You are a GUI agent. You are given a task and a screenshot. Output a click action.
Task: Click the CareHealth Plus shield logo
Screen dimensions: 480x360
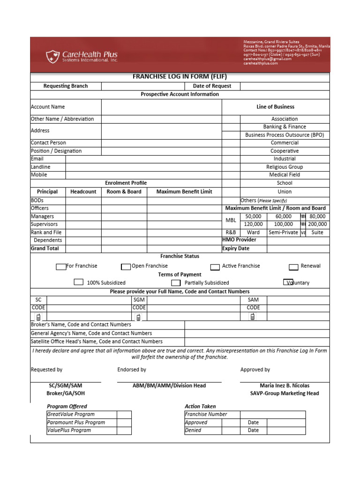[x=52, y=57]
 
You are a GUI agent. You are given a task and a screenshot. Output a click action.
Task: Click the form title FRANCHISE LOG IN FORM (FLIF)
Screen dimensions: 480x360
[x=180, y=77]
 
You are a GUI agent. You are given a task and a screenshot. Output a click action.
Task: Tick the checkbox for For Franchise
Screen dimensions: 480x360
[x=61, y=267]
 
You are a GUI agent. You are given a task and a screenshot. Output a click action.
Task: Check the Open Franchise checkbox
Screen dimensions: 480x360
[x=126, y=267]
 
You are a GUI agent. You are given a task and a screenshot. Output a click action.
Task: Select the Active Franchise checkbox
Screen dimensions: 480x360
[x=215, y=267]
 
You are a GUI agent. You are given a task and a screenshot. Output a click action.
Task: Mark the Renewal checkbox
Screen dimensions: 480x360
[x=293, y=267]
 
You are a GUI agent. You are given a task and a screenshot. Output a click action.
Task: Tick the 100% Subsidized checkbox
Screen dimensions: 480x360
[x=79, y=283]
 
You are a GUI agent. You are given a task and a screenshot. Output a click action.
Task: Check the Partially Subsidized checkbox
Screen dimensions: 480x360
[x=176, y=283]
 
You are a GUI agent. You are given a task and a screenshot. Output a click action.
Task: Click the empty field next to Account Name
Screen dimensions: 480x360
[x=161, y=107]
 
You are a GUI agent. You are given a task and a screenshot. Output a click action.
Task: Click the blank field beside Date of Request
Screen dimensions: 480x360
[x=285, y=86]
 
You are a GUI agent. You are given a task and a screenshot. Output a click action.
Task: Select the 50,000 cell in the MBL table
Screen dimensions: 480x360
[x=253, y=217]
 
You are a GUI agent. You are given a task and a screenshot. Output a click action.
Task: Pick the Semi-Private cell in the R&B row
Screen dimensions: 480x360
[x=283, y=232]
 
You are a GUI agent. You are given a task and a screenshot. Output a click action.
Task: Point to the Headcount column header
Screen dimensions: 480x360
[x=83, y=192]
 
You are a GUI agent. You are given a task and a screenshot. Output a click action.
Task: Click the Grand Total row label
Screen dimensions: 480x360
[x=45, y=248]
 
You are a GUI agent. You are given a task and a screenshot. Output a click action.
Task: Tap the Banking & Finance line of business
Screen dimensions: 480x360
[x=285, y=127]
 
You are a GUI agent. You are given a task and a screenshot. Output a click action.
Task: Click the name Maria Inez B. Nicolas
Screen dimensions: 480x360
[x=285, y=385]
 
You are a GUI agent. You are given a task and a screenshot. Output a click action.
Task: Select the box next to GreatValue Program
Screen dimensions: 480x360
[x=124, y=414]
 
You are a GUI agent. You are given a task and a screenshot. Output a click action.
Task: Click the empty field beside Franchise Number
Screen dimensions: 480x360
[x=272, y=414]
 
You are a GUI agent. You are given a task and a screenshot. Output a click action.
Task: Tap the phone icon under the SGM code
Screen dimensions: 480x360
[x=138, y=317]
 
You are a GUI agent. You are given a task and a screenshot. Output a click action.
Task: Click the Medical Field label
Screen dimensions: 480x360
[x=285, y=175]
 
